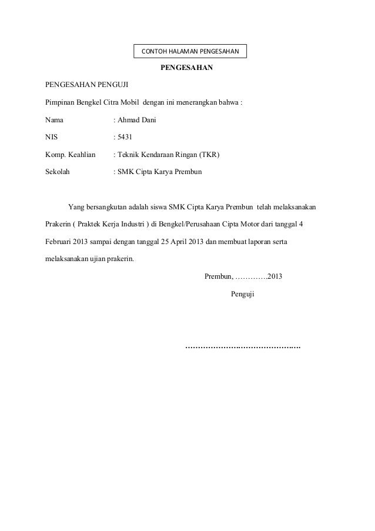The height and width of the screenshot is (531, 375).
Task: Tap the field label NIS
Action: click(52, 138)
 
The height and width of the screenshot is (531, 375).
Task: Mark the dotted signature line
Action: click(243, 347)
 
